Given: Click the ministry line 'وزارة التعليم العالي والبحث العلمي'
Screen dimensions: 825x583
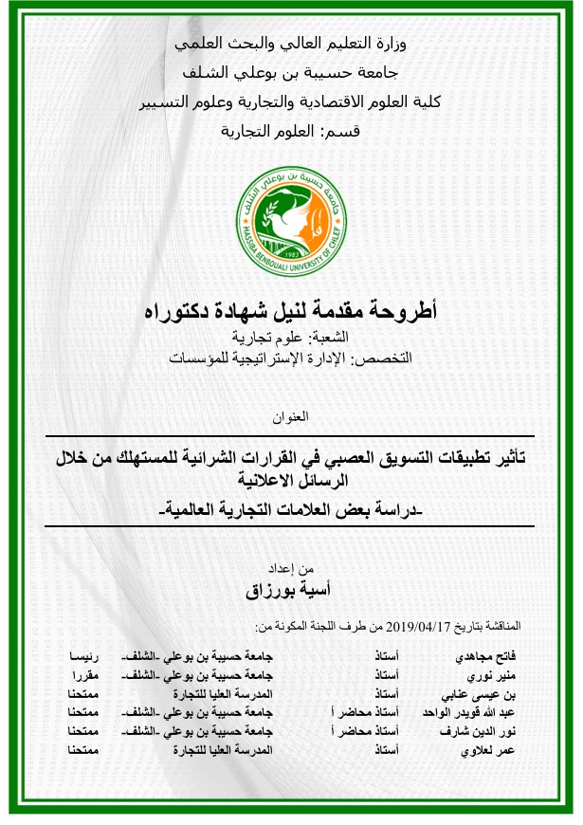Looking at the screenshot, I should [291, 44].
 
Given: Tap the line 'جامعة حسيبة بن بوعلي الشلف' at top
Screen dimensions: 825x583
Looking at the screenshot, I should [291, 73].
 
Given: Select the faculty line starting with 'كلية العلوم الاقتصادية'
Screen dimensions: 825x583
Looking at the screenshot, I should [291, 102].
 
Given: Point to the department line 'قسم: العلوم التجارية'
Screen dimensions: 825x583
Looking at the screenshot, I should [291, 132].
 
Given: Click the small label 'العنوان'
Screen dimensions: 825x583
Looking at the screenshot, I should [291, 417].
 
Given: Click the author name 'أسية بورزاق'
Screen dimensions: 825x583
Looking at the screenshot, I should [291, 589].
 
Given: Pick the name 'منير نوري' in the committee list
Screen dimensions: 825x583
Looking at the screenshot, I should [492, 675].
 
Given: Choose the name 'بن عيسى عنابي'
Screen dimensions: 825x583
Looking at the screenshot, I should [483, 694].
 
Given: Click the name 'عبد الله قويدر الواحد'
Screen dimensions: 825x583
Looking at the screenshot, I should [471, 713].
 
